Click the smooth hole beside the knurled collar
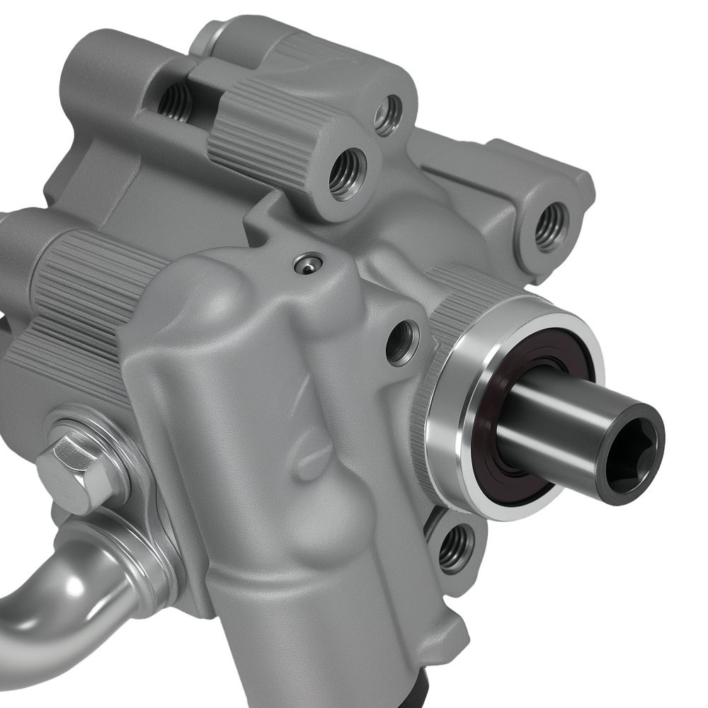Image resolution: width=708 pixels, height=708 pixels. point(401,341)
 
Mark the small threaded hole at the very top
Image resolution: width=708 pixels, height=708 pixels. point(388,115)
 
